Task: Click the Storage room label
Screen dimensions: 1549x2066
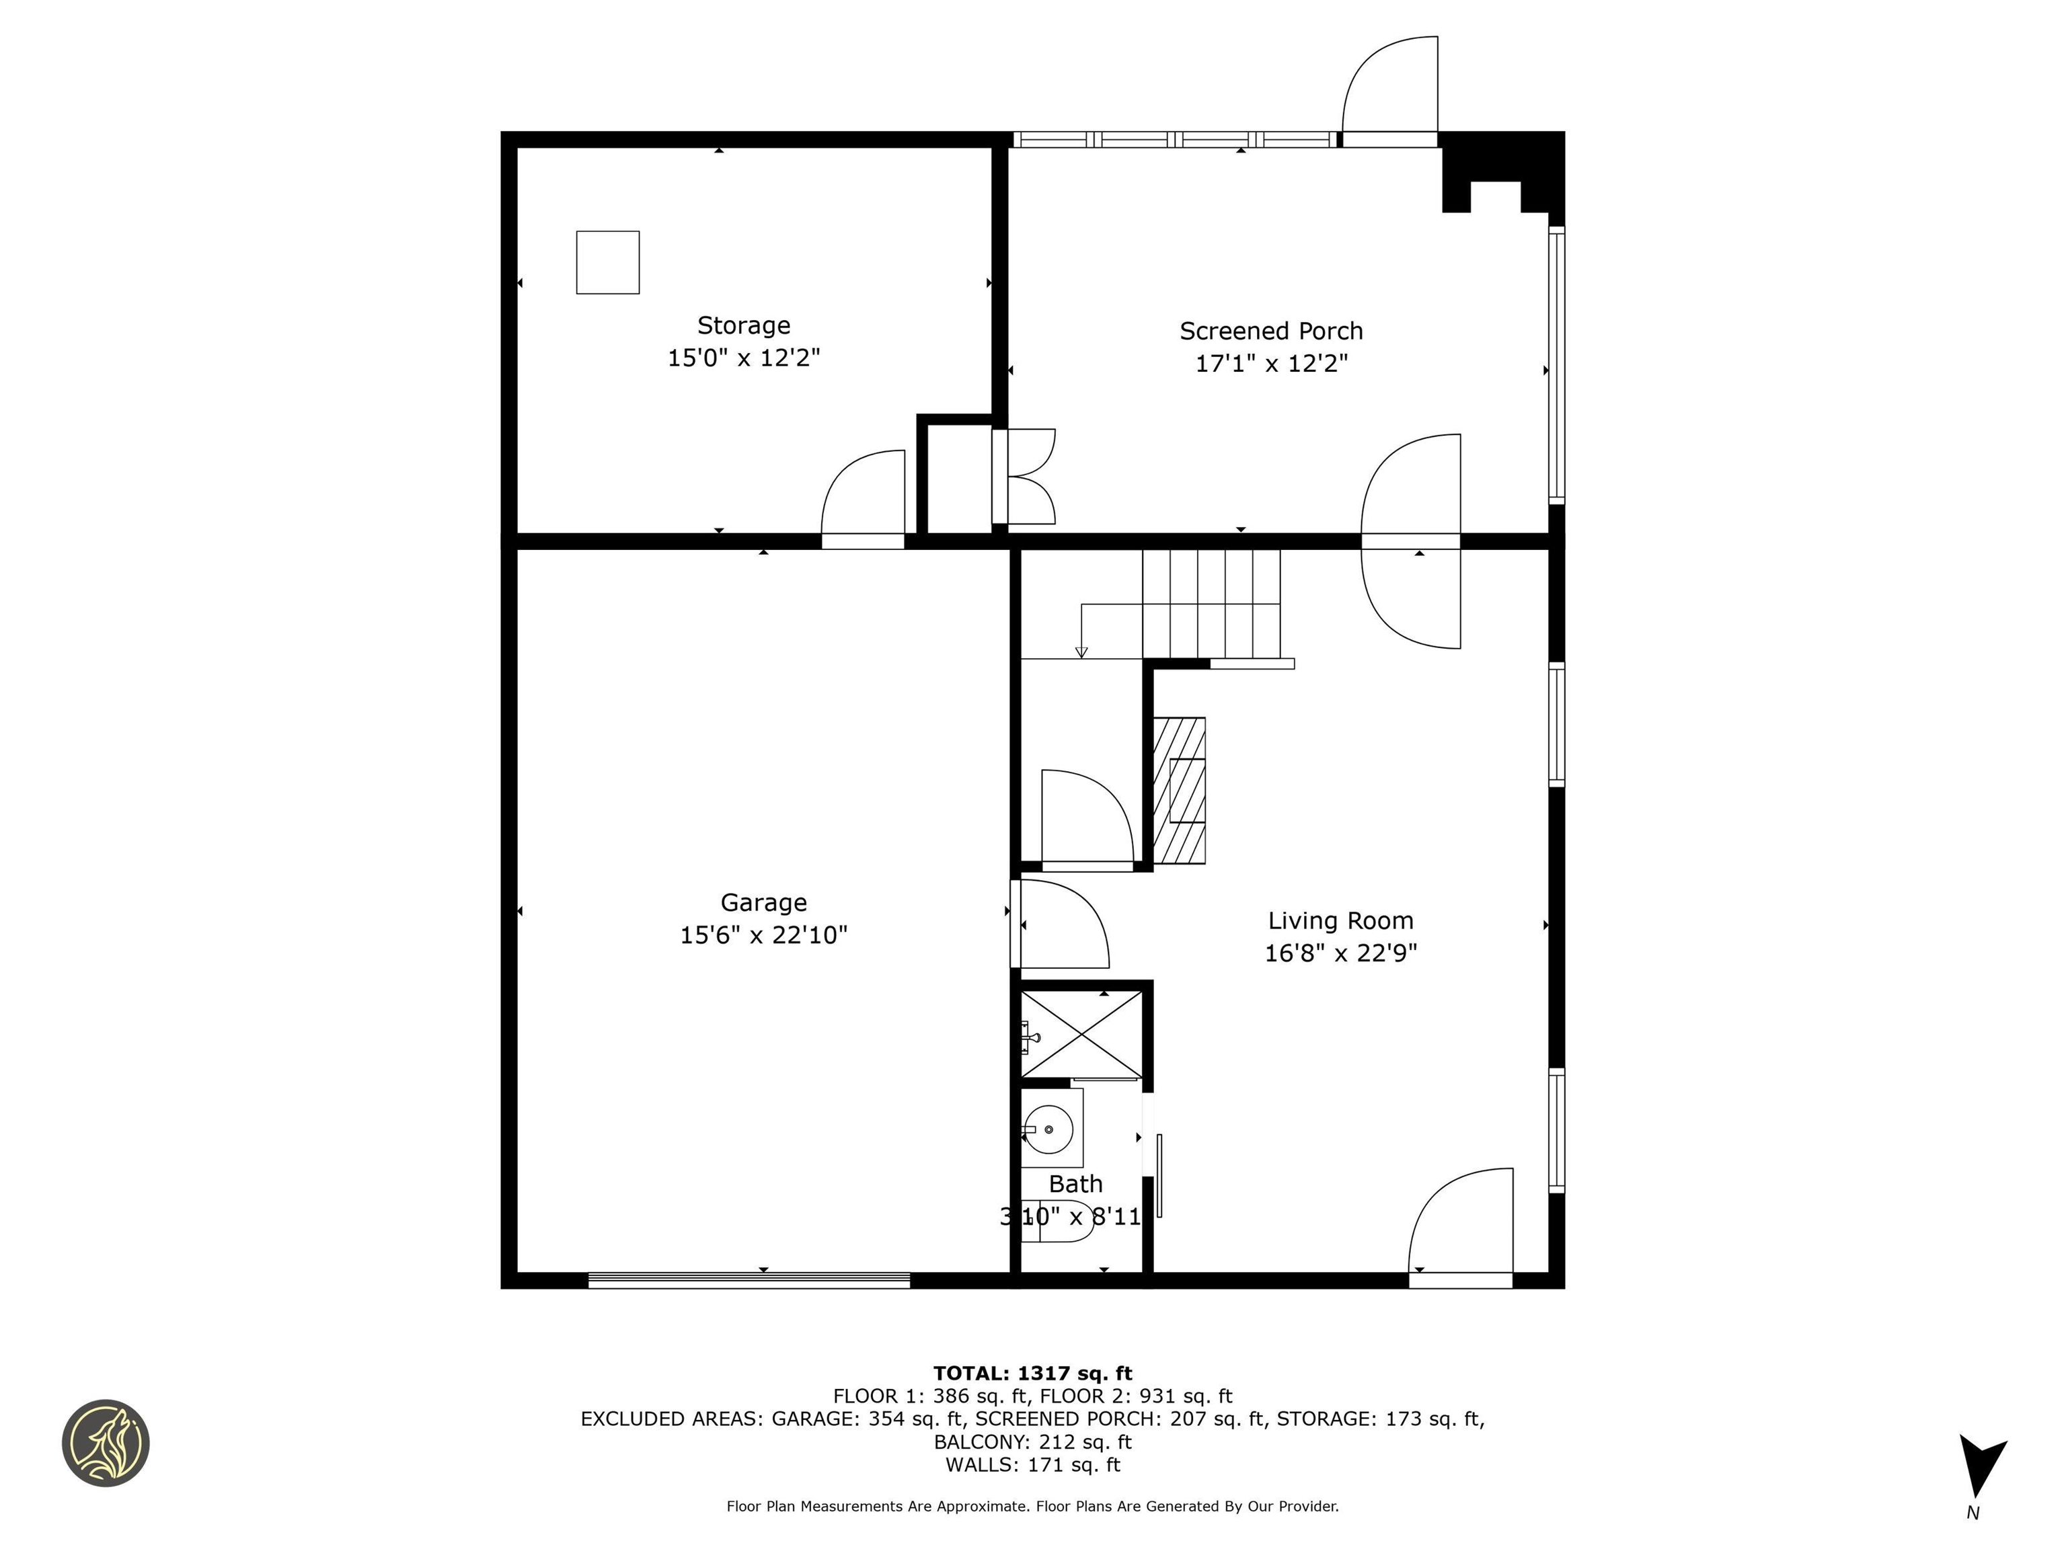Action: [743, 326]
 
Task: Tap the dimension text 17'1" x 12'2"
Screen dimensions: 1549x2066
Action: [1271, 363]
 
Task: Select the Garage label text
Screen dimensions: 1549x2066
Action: [763, 903]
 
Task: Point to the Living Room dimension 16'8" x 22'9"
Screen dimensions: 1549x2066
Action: [1340, 953]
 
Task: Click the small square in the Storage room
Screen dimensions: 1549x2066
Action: [608, 262]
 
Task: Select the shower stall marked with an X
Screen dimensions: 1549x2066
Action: [1081, 1035]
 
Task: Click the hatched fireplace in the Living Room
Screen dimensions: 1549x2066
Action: [1180, 790]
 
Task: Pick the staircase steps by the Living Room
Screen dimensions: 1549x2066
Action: [1211, 604]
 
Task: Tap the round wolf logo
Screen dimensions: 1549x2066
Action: [106, 1443]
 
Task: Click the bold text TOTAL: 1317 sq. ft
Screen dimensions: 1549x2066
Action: [1032, 1374]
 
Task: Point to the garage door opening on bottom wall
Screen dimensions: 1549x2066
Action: [749, 1280]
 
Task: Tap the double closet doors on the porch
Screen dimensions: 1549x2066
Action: [1026, 476]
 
